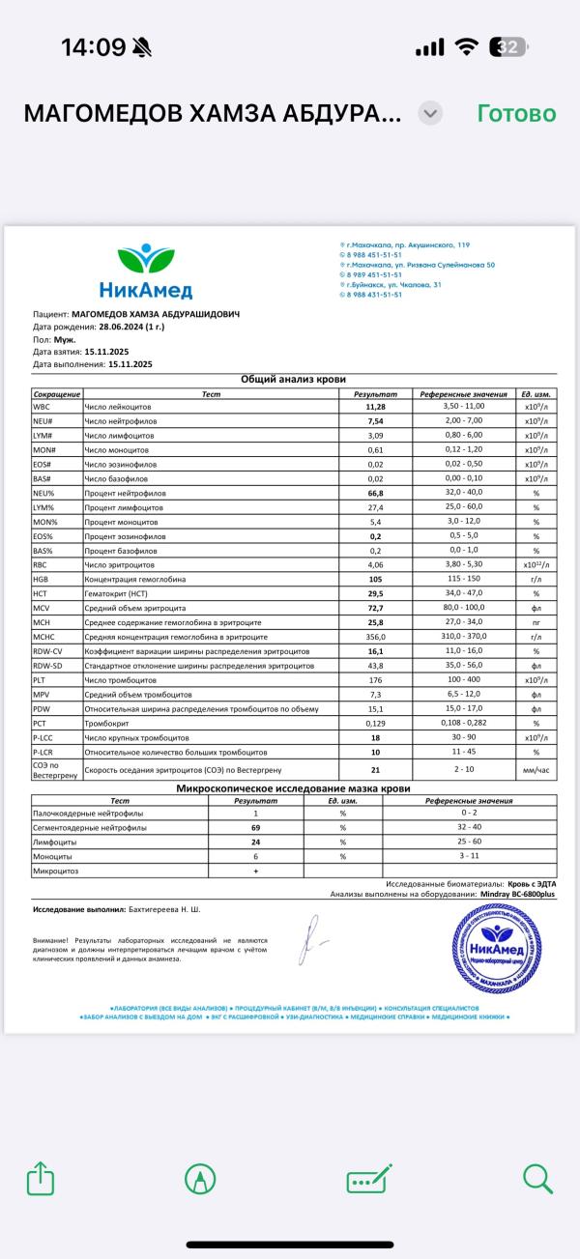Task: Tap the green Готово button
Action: pyautogui.click(x=516, y=113)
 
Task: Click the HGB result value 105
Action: pyautogui.click(x=376, y=579)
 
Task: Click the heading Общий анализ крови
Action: pyautogui.click(x=293, y=380)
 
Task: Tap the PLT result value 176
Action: pyautogui.click(x=376, y=678)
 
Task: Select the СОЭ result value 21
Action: pyautogui.click(x=376, y=769)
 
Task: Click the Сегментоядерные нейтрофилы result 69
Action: pyautogui.click(x=256, y=828)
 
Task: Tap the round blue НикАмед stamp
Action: pyautogui.click(x=497, y=947)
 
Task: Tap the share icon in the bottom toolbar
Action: pyautogui.click(x=40, y=1178)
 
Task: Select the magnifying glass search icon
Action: pyautogui.click(x=537, y=1178)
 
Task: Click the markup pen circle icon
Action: pyautogui.click(x=200, y=1178)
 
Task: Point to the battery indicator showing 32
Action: pyautogui.click(x=509, y=47)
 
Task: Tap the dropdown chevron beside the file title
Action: pyautogui.click(x=431, y=113)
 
